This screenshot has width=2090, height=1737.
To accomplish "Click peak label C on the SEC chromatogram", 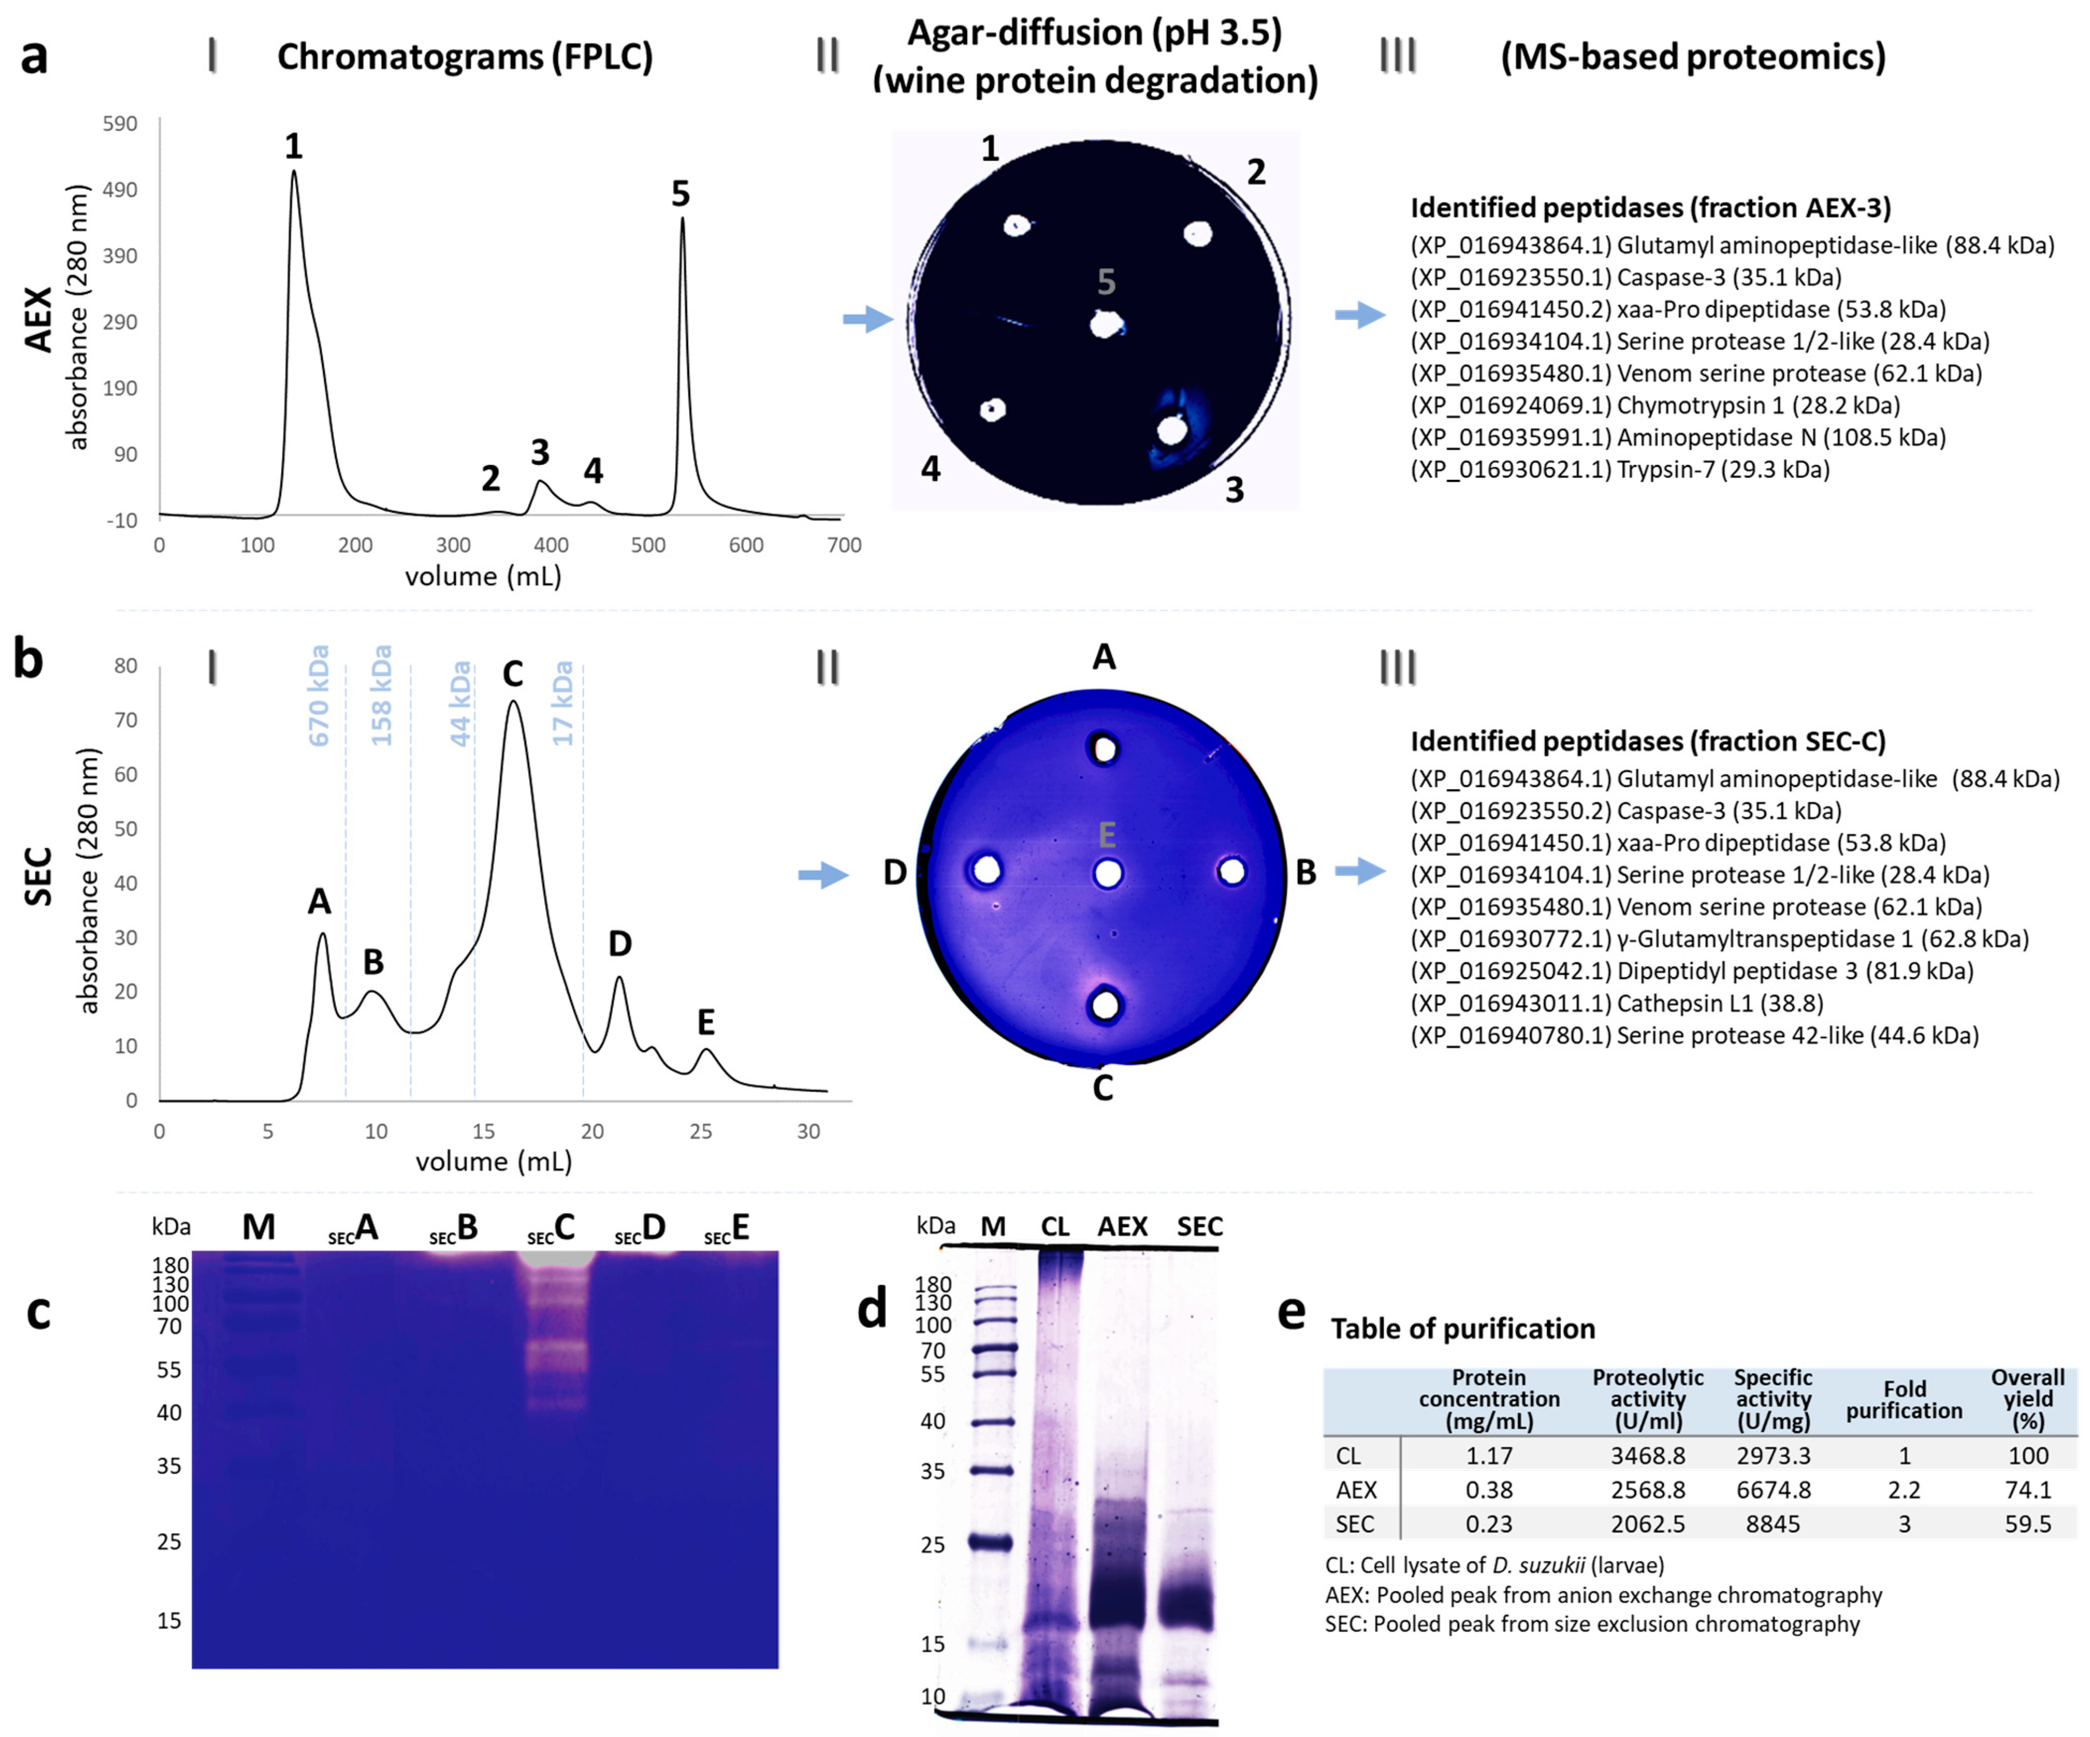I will click(513, 674).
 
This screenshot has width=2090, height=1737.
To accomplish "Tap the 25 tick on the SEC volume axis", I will click(701, 1131).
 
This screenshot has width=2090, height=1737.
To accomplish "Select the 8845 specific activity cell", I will click(1772, 1524).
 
